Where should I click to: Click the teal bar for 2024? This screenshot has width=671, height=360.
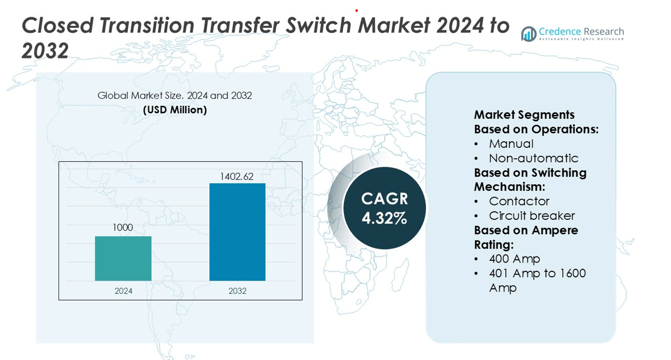coord(123,258)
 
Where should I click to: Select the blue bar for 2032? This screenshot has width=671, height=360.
coord(237,232)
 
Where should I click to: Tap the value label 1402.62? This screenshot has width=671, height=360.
coord(237,177)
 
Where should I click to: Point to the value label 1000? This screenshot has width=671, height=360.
coord(123,228)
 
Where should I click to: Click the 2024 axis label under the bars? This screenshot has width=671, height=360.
coord(123,291)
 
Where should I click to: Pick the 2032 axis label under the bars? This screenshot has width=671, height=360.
coord(237,291)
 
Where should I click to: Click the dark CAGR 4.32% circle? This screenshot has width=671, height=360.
coord(384,208)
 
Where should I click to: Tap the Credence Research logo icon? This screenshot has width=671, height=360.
coord(528,34)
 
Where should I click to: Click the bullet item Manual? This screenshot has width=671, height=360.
coord(511,144)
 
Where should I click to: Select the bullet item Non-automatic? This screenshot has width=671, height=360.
coord(533,158)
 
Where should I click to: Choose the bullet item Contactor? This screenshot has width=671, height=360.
coord(519,201)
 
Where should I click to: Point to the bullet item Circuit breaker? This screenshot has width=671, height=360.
coord(532,216)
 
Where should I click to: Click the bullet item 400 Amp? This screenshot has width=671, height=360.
coord(515,259)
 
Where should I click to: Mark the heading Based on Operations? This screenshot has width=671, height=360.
coord(536,130)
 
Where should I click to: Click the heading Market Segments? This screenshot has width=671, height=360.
coord(524,115)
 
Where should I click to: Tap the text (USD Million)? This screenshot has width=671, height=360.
coord(175,110)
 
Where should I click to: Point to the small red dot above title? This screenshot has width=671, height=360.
coord(357,10)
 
